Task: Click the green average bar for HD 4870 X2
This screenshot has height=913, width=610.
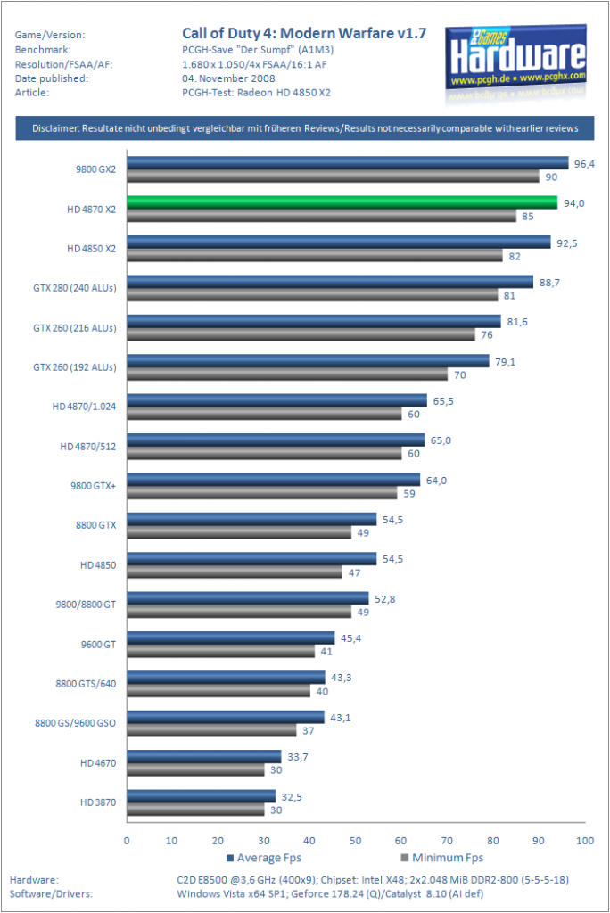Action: pyautogui.click(x=342, y=202)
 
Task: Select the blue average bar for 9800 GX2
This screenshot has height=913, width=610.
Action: pyautogui.click(x=348, y=163)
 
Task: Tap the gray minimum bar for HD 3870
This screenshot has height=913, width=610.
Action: pyautogui.click(x=196, y=810)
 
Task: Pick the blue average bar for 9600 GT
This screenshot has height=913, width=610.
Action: pyautogui.click(x=231, y=638)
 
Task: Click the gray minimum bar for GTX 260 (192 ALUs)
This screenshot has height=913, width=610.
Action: pyautogui.click(x=287, y=374)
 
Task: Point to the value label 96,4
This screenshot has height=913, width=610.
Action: pyautogui.click(x=584, y=164)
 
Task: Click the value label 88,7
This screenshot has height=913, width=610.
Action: pyautogui.click(x=549, y=283)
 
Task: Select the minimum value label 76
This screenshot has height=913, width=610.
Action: pyautogui.click(x=487, y=335)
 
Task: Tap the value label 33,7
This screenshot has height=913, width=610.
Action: pyautogui.click(x=298, y=757)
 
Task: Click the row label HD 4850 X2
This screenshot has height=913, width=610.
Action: pyautogui.click(x=92, y=249)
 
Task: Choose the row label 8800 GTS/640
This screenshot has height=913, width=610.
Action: pyautogui.click(x=86, y=684)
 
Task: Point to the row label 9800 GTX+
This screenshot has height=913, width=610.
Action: pyautogui.click(x=94, y=486)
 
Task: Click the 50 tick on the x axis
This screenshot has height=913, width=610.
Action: pyautogui.click(x=356, y=840)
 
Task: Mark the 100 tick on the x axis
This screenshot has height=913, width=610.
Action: pyautogui.click(x=585, y=840)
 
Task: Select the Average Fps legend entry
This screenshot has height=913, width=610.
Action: pyautogui.click(x=264, y=858)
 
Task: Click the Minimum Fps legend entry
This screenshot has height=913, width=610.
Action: pyautogui.click(x=442, y=858)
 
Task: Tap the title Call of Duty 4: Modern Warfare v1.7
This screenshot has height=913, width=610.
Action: pyautogui.click(x=304, y=33)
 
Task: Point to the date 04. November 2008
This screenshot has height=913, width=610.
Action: pyautogui.click(x=228, y=78)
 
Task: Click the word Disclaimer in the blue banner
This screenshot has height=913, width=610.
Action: pyautogui.click(x=55, y=128)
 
